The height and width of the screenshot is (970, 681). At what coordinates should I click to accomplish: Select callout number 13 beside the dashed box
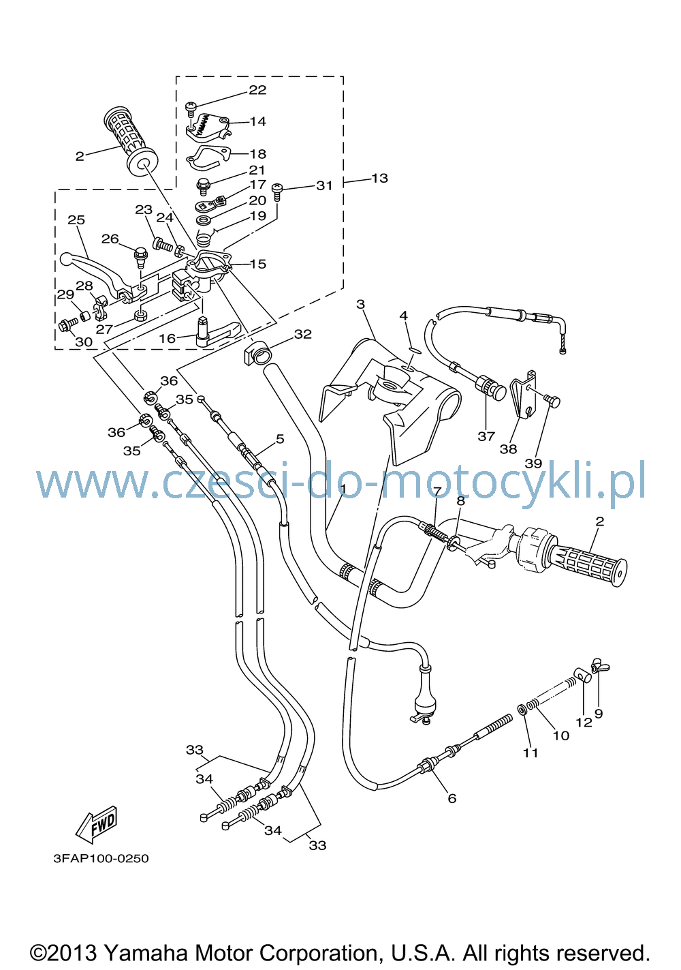click(x=379, y=179)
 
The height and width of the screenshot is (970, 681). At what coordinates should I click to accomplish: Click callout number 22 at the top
click(x=257, y=90)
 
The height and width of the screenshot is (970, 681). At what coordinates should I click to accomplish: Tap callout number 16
click(x=167, y=339)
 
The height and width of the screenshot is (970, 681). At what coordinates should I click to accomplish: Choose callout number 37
click(x=486, y=436)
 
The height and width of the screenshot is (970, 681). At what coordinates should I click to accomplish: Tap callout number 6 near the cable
click(x=452, y=798)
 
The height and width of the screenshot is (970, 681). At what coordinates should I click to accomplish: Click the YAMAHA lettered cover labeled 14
click(x=208, y=127)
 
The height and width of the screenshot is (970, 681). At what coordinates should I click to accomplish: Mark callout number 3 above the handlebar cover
click(x=360, y=305)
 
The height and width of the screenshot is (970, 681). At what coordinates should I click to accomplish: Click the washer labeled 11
click(x=522, y=710)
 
